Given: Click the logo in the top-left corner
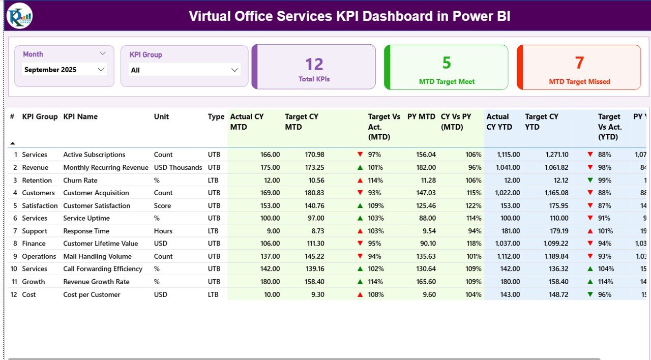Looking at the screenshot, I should pos(19,16).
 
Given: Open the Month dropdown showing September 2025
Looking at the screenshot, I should pos(65,70).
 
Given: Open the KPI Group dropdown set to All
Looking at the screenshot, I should pos(184,70).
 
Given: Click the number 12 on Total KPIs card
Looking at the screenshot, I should pos(314,65).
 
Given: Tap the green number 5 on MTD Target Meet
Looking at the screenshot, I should pos(446,63).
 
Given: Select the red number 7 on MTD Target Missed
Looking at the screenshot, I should pos(579,63).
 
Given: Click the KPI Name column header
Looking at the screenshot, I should pos(80,117).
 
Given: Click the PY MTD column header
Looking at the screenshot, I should pos(421,117).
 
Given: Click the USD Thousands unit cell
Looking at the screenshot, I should pos(178,167).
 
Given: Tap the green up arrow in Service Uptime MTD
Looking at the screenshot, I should pos(360,218).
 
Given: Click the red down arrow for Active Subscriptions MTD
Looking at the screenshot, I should pos(360,155).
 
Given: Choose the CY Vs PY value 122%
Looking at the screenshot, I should pos(473,206).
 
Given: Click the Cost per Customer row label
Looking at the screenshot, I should pos(92,294).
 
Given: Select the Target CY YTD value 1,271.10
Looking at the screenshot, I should pos(557,155).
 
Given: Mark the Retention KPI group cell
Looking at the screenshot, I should pos(37,181).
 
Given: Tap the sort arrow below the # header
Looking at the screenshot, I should pos(13,143).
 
